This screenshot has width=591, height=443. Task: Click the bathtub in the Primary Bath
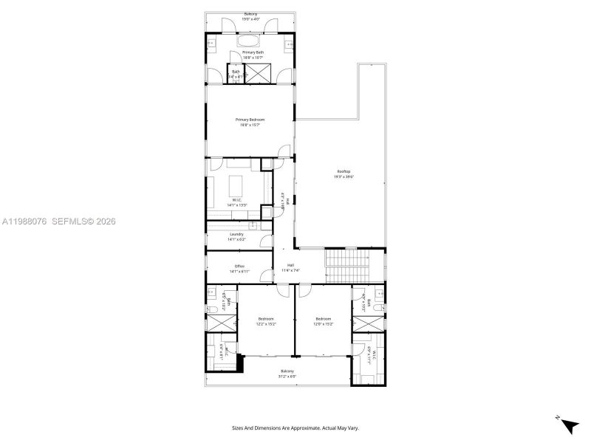point(250,41)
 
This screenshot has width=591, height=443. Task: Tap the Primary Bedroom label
point(250,120)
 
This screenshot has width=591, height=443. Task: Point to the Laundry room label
point(236,234)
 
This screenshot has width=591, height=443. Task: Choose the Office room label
point(239,267)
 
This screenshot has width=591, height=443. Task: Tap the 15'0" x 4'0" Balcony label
point(250,14)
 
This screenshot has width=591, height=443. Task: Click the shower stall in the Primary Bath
point(259,73)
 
